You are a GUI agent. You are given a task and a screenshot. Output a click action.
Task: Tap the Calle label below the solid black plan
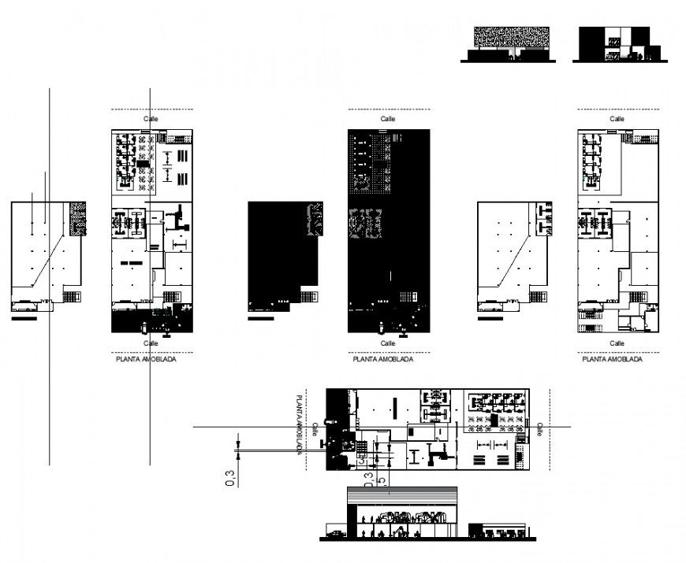coord(387,343)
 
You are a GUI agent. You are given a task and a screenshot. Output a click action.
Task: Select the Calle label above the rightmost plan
coord(617,118)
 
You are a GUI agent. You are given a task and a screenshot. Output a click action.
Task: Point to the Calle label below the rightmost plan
coord(617,343)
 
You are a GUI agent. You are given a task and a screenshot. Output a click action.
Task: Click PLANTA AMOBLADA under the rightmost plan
coord(611,359)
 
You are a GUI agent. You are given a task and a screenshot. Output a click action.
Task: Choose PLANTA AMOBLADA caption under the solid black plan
coord(382,359)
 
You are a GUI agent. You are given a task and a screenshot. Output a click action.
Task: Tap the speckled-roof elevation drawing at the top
coord(511,39)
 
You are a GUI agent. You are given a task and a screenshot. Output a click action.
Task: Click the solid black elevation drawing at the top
coord(614,43)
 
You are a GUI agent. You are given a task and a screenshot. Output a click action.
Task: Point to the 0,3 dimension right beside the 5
coord(367,478)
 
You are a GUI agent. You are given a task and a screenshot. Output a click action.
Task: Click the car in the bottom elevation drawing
coord(337,535)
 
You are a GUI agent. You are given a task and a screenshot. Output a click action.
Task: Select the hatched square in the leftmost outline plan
coord(77,217)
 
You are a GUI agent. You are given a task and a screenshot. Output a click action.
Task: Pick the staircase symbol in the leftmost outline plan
coord(71,296)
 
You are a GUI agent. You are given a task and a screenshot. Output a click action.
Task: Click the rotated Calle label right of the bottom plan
coord(540,428)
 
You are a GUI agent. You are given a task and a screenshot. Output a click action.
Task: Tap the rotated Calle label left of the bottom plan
coord(315,429)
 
